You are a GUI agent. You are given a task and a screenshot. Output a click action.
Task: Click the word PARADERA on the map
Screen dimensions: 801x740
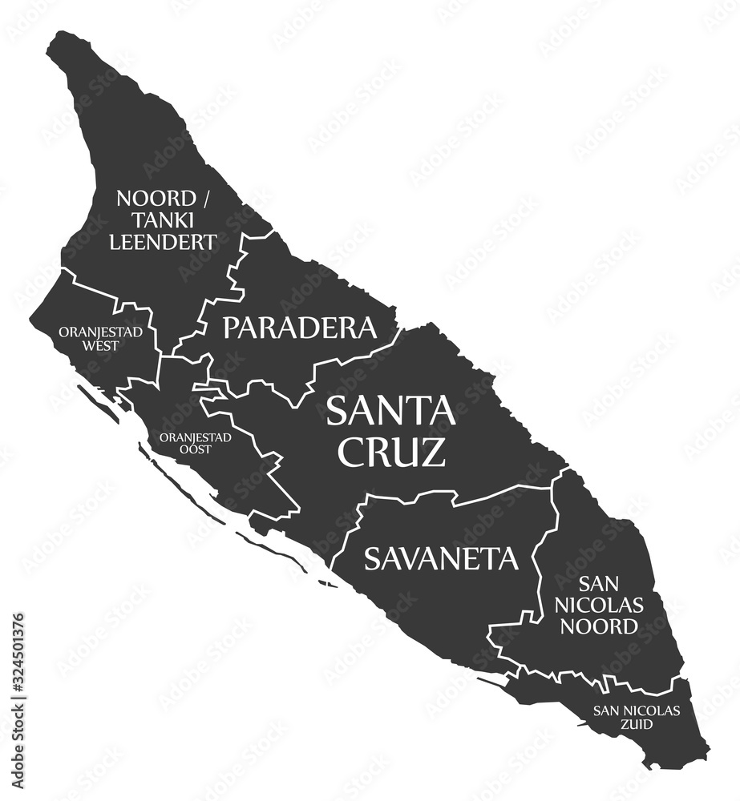[x=299, y=327]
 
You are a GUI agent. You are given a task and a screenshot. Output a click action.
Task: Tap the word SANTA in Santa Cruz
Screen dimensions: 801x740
[x=390, y=412]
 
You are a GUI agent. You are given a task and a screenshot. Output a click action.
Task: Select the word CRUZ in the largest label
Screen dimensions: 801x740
[x=390, y=453]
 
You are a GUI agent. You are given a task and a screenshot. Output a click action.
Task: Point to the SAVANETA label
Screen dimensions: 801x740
[x=441, y=558]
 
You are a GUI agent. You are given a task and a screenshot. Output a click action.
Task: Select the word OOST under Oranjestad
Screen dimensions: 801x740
[x=196, y=449]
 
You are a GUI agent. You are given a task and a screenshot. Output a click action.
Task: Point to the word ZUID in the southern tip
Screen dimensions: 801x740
[x=636, y=724]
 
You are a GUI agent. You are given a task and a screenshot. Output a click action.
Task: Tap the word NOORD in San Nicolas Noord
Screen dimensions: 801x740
[x=610, y=626]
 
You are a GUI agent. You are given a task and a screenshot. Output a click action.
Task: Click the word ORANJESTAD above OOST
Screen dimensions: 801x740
[x=196, y=437]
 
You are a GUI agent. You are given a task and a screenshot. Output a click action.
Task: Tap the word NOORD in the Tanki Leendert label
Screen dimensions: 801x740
[x=156, y=198]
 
